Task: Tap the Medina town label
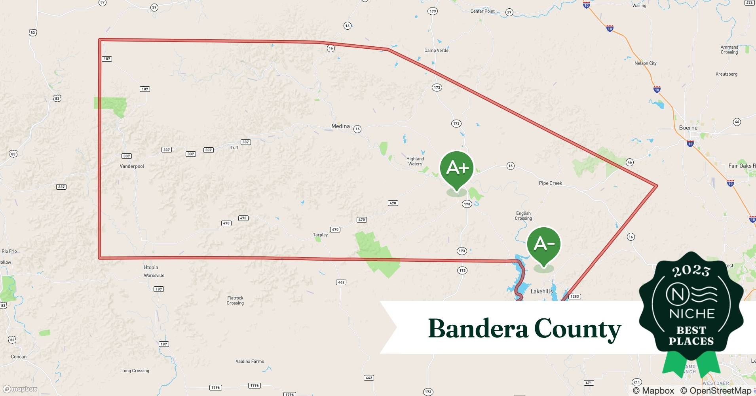[340, 126]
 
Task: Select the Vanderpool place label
[132, 166]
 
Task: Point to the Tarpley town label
[320, 235]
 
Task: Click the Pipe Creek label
[550, 183]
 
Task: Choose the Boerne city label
[688, 128]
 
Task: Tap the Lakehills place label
[541, 291]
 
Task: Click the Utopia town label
[151, 267]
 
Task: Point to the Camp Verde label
[436, 50]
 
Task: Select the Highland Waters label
[415, 161]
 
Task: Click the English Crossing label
[523, 216]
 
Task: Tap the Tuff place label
[234, 148]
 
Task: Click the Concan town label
[19, 357]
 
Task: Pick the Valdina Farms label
[250, 361]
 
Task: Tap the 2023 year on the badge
[691, 271]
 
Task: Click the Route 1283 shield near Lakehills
[574, 297]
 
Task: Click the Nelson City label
[645, 63]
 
